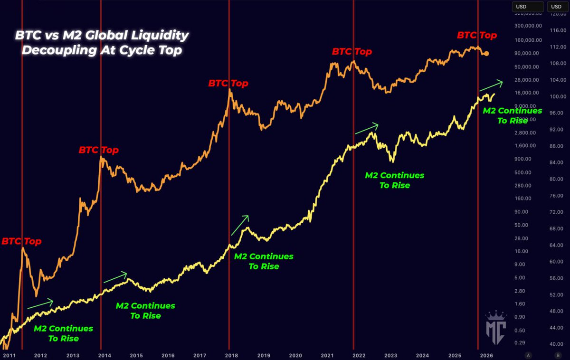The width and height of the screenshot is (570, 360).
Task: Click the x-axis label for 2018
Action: pyautogui.click(x=231, y=355)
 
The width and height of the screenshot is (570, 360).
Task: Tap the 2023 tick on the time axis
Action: pyautogui.click(x=391, y=355)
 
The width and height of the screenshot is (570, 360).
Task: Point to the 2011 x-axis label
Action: pyautogui.click(x=9, y=355)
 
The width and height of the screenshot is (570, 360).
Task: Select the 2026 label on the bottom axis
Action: pyautogui.click(x=486, y=355)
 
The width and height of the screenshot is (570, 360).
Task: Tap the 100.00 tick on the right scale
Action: pyautogui.click(x=556, y=96)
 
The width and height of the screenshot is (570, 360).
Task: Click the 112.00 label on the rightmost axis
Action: pyautogui.click(x=556, y=47)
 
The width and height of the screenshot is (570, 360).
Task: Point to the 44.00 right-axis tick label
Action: pyautogui.click(x=556, y=328)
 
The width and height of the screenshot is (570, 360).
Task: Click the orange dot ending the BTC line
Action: pyautogui.click(x=486, y=53)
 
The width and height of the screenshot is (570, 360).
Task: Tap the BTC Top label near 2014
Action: pyautogui.click(x=98, y=151)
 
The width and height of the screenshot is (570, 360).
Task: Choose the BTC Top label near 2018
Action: pyautogui.click(x=228, y=84)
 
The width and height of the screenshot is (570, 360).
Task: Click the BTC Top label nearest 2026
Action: pyautogui.click(x=477, y=35)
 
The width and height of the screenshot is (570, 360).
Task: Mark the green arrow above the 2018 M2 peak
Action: pyautogui.click(x=240, y=225)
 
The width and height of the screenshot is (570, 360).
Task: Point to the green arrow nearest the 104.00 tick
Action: pyautogui.click(x=491, y=85)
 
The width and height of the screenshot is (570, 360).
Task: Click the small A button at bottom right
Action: pyautogui.click(x=528, y=355)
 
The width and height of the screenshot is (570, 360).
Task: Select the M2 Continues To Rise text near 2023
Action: pyautogui.click(x=394, y=180)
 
